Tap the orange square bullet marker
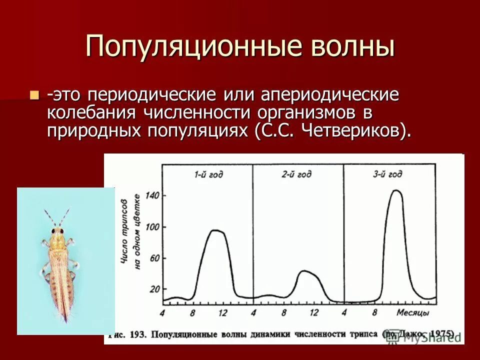(34, 94)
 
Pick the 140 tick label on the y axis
(153, 195)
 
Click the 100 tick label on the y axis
(153, 227)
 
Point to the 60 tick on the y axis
(154, 258)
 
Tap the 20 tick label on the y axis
(154, 289)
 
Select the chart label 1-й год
(208, 174)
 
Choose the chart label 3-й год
(387, 174)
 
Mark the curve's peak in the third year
(395, 190)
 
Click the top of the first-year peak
(215, 230)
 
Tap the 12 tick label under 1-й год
(222, 313)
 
